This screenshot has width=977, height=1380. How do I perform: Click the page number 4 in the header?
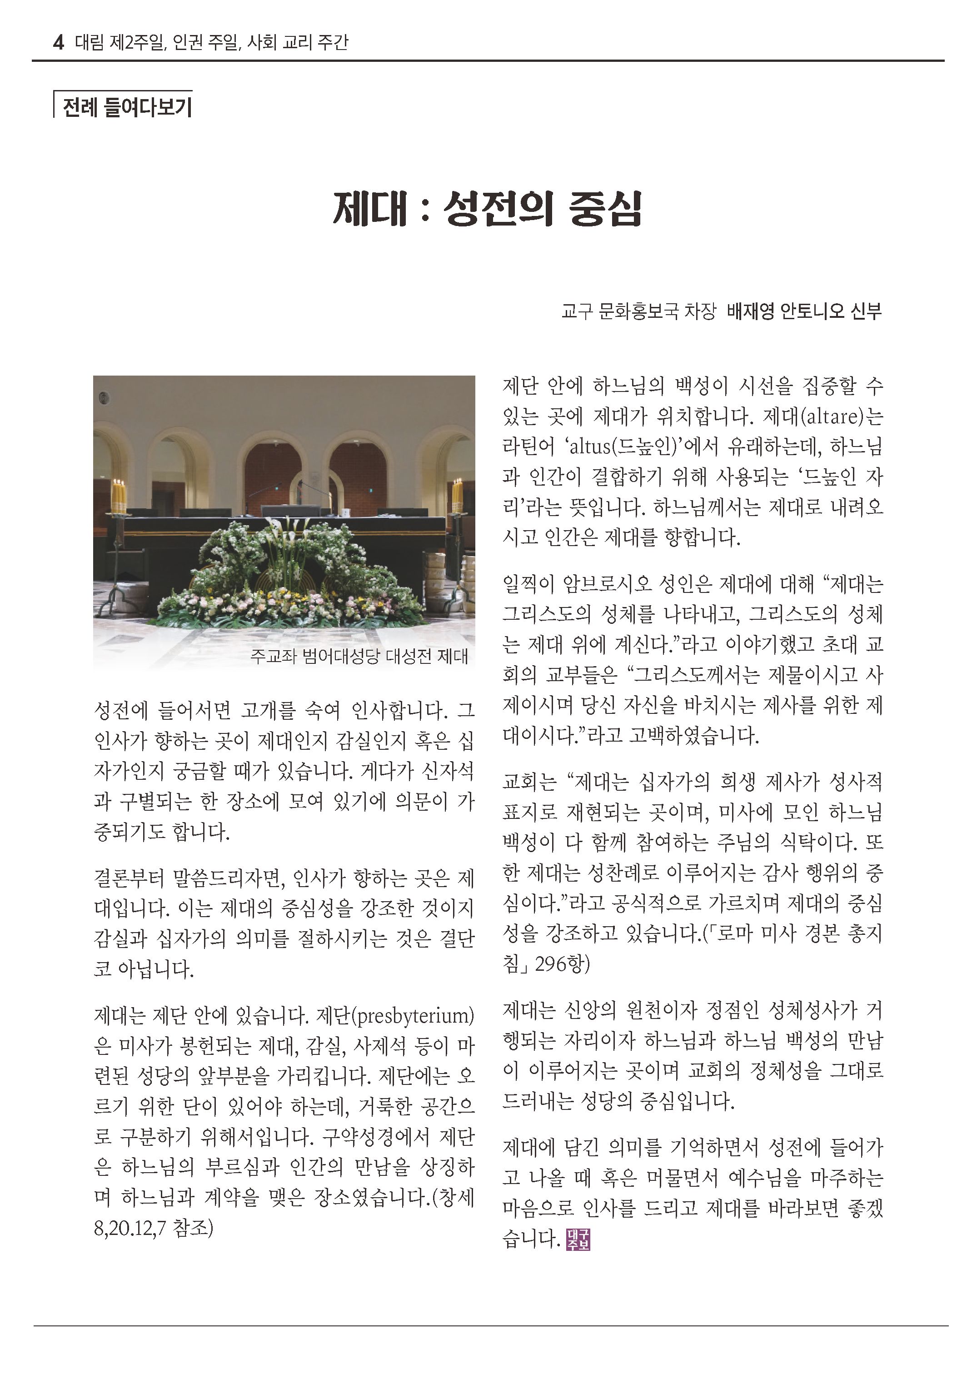58,43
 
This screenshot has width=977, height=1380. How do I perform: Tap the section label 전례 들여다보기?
127,107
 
